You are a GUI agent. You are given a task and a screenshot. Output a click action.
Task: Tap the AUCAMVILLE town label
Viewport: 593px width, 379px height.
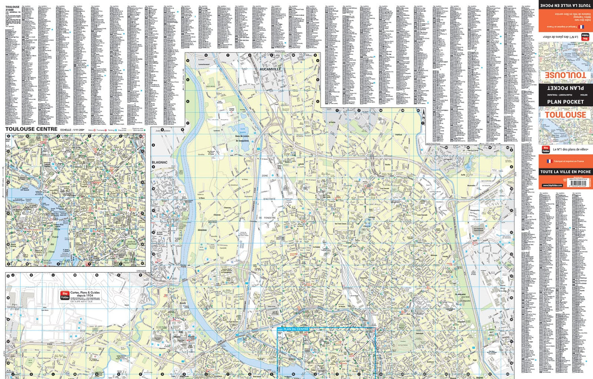point(270,69)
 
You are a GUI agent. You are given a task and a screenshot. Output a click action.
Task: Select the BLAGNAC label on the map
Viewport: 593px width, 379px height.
point(160,162)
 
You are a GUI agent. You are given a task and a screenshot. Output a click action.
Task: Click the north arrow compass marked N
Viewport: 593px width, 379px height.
point(423,115)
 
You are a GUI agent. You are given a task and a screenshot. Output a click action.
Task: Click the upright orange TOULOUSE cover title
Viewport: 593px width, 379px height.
point(565,115)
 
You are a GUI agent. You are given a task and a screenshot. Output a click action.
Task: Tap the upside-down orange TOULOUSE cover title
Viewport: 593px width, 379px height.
point(565,75)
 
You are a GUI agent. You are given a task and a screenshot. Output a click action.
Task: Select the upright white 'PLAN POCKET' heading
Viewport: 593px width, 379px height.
point(565,102)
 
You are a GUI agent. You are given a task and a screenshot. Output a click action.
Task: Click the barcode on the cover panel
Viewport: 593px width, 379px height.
point(578,184)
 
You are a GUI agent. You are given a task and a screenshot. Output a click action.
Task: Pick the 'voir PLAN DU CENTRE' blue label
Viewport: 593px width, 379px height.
point(293,329)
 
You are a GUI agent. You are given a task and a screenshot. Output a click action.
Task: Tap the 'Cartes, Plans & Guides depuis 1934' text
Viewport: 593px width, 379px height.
point(85,295)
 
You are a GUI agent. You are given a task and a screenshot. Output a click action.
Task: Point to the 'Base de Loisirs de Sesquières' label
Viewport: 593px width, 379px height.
point(242,138)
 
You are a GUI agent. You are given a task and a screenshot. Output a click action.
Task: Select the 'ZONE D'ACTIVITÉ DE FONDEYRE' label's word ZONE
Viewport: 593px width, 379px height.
point(265,176)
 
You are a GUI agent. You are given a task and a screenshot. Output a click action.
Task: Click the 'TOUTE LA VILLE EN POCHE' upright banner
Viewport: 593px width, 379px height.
point(565,172)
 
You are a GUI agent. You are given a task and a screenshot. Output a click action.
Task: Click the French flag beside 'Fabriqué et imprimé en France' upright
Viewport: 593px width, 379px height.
point(549,161)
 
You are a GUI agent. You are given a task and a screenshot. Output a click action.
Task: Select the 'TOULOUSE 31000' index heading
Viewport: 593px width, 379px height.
point(12,8)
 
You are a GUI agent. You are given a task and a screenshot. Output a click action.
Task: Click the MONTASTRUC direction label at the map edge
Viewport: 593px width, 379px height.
point(433,144)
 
